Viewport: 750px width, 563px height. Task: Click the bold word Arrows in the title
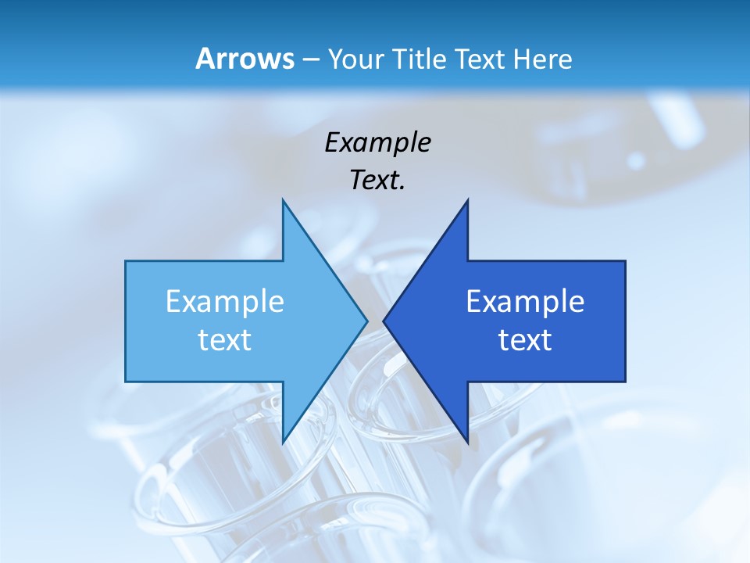(245, 59)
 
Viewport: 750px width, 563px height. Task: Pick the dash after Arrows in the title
(309, 59)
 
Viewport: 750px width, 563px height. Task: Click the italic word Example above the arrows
(377, 142)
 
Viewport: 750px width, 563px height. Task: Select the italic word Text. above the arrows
(377, 181)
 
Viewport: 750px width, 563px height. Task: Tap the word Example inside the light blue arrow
(225, 301)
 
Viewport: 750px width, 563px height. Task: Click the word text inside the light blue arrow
(225, 340)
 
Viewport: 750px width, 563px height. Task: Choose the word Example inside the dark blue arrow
(525, 301)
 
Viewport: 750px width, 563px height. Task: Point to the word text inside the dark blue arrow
(525, 340)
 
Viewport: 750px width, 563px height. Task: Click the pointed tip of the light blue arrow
(366, 321)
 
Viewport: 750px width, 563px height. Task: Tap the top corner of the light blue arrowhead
(283, 201)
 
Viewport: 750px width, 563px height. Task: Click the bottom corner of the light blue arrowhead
(283, 442)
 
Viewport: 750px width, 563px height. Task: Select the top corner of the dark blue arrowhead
(467, 201)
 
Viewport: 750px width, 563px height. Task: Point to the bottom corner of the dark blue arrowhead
(467, 442)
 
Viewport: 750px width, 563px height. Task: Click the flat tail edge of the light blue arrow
(126, 321)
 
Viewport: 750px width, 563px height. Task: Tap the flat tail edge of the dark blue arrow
(625, 321)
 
